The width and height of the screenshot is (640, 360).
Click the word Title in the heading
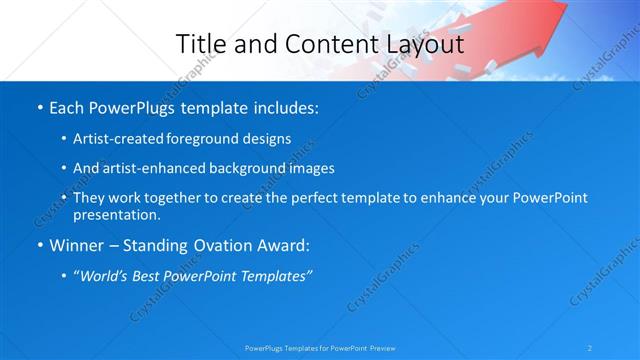point(198,45)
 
